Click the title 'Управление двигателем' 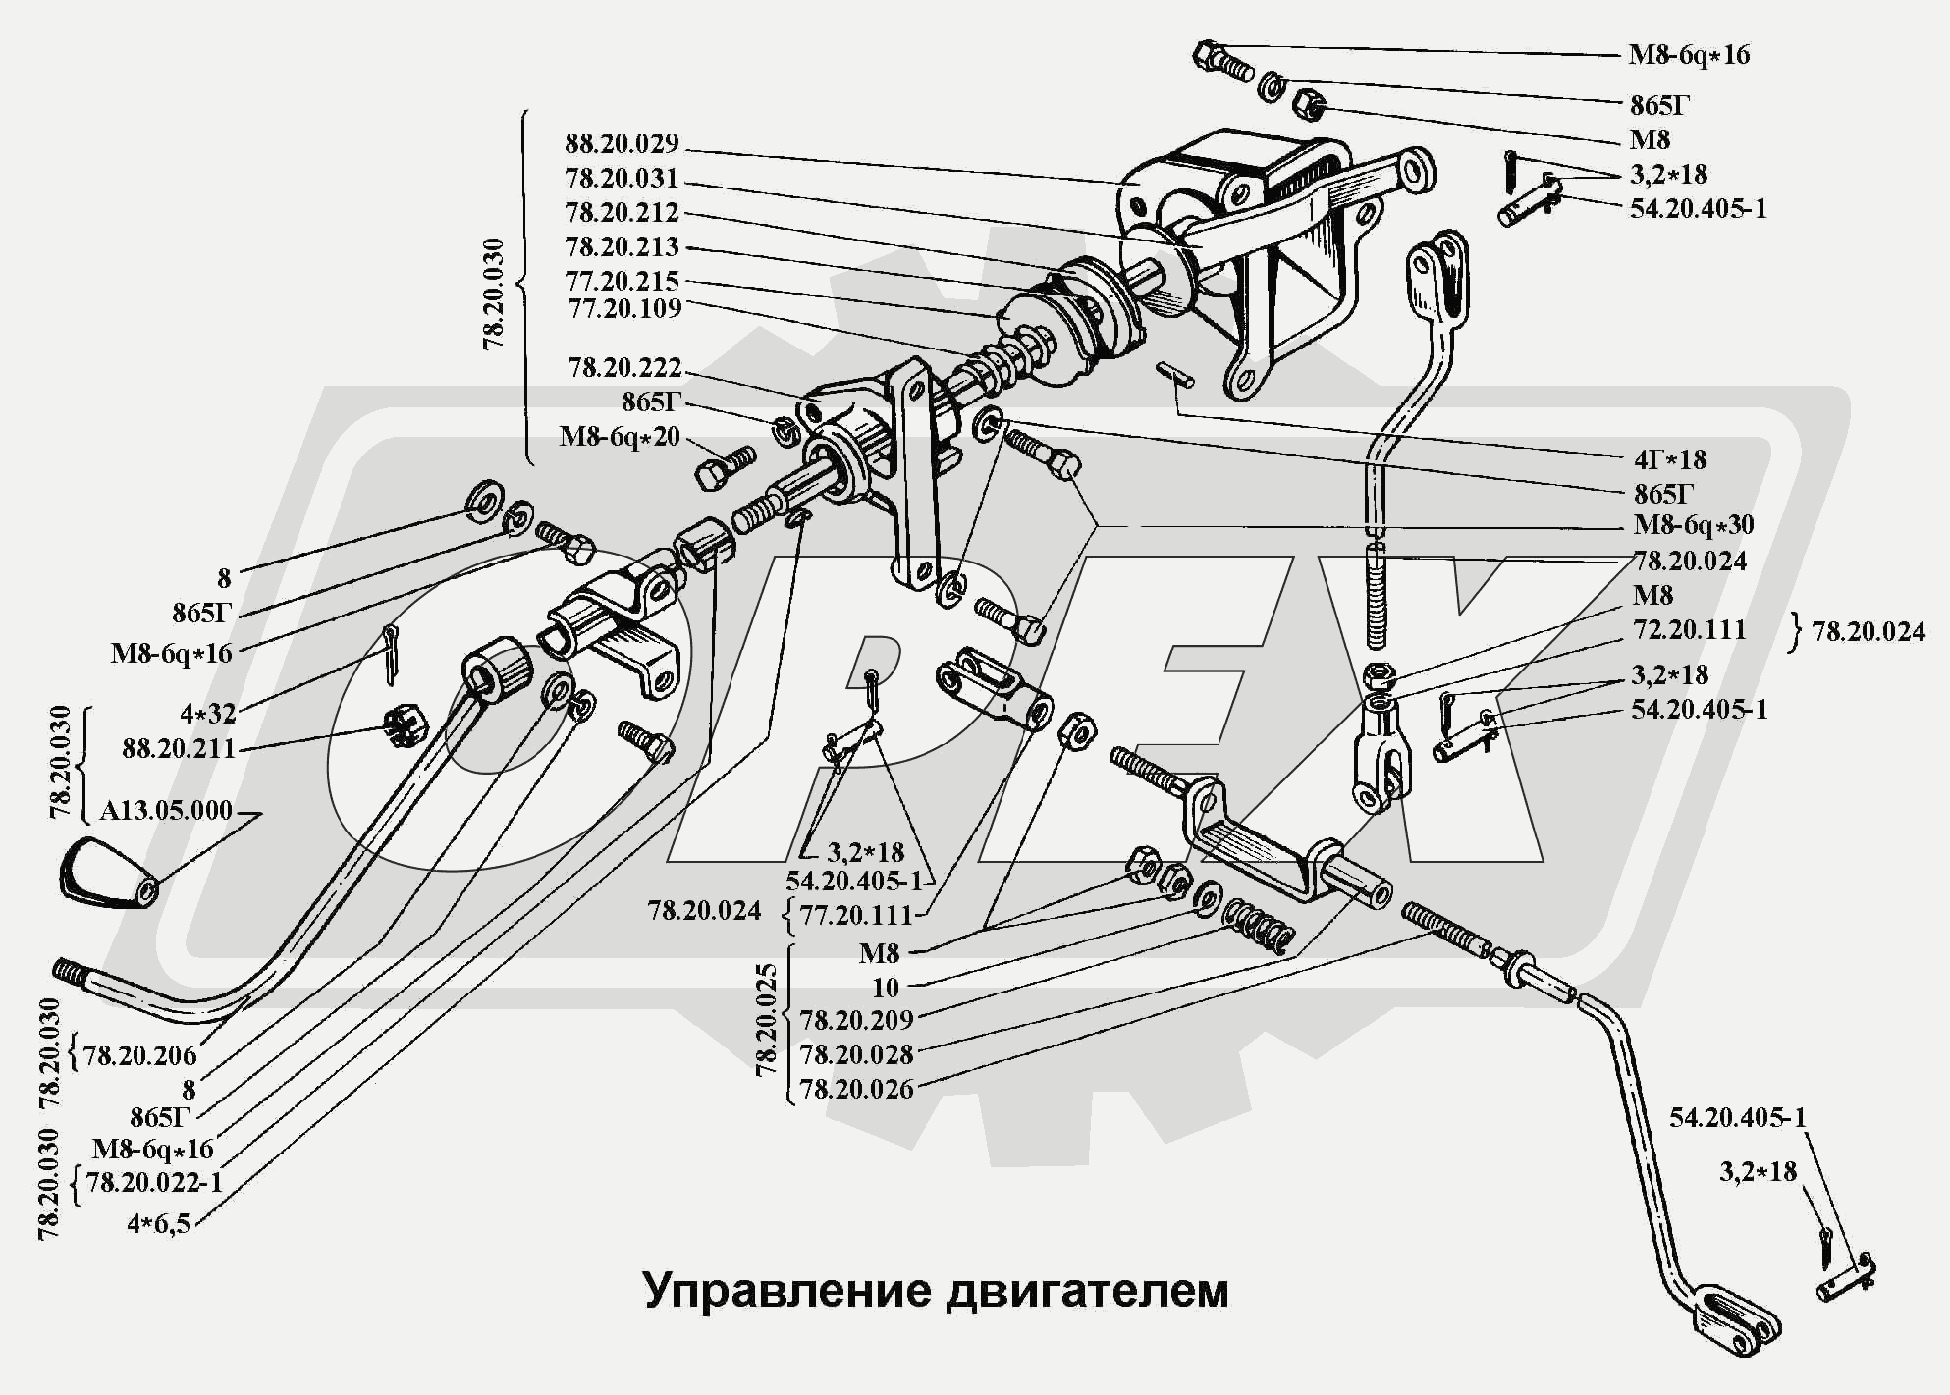point(936,1291)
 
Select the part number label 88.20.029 point(622,144)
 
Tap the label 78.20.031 point(622,179)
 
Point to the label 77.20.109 point(624,308)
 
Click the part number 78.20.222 point(624,368)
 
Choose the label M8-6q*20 point(620,436)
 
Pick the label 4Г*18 point(1670,459)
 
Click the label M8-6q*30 point(1693,525)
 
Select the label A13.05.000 point(166,811)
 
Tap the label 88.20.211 point(179,749)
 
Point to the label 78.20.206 point(140,1056)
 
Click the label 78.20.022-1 point(154,1183)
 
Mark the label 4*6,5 point(158,1224)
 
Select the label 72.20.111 point(1689,629)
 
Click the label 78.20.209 point(856,1021)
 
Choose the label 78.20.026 point(856,1089)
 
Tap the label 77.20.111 point(856,915)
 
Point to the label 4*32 point(207,714)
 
